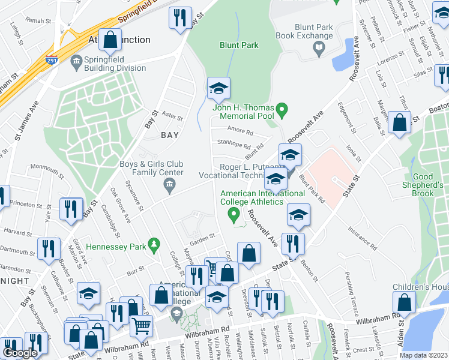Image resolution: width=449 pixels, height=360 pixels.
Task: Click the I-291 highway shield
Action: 52,59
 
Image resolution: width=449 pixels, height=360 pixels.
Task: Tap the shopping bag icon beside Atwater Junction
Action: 110,40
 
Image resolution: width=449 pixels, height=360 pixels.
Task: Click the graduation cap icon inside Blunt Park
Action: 218,89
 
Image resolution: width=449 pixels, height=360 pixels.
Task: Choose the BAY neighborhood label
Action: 170,136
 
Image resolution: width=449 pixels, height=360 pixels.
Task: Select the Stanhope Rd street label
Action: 234,145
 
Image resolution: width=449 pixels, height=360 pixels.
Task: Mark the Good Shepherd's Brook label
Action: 431,185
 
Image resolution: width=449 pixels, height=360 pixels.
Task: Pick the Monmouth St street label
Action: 47,167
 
